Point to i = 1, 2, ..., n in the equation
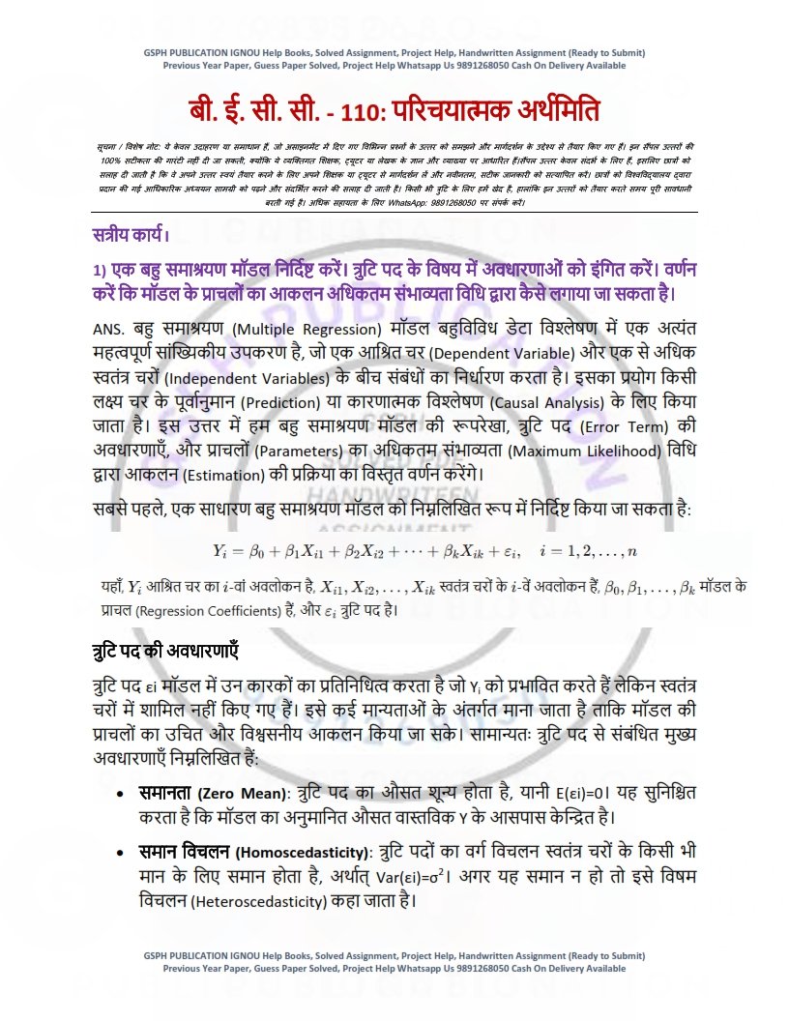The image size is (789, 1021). [590, 550]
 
